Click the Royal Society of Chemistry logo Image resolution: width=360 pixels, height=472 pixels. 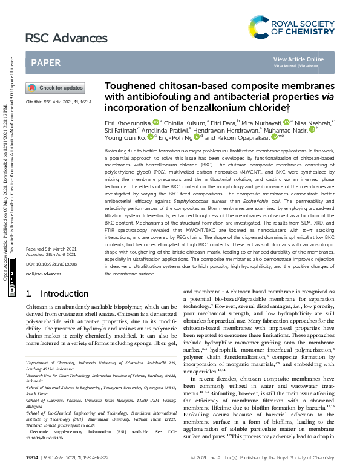click(x=292, y=27)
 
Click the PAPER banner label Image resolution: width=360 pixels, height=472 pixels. click(x=45, y=62)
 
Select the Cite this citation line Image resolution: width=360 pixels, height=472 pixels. click(x=58, y=102)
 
